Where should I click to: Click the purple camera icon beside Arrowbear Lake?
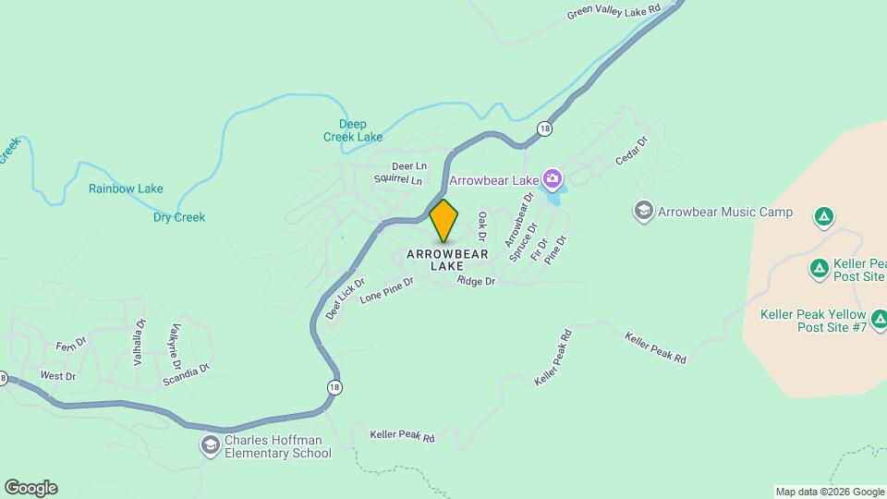tap(553, 177)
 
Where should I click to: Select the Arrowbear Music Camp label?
tap(725, 212)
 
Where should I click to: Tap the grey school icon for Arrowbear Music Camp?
tap(643, 212)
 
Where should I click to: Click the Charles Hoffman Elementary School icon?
tap(211, 446)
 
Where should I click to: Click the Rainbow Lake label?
tap(126, 189)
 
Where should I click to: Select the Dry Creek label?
tap(179, 218)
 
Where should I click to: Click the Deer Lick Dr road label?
tap(346, 298)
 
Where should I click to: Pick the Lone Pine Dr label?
tap(386, 291)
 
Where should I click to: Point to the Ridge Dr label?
tap(476, 281)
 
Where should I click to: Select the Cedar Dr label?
tap(633, 152)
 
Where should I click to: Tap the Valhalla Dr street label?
tap(140, 343)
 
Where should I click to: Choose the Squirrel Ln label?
tap(398, 180)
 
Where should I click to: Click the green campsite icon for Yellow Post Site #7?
tap(880, 321)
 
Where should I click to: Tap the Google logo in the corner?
tap(30, 488)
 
